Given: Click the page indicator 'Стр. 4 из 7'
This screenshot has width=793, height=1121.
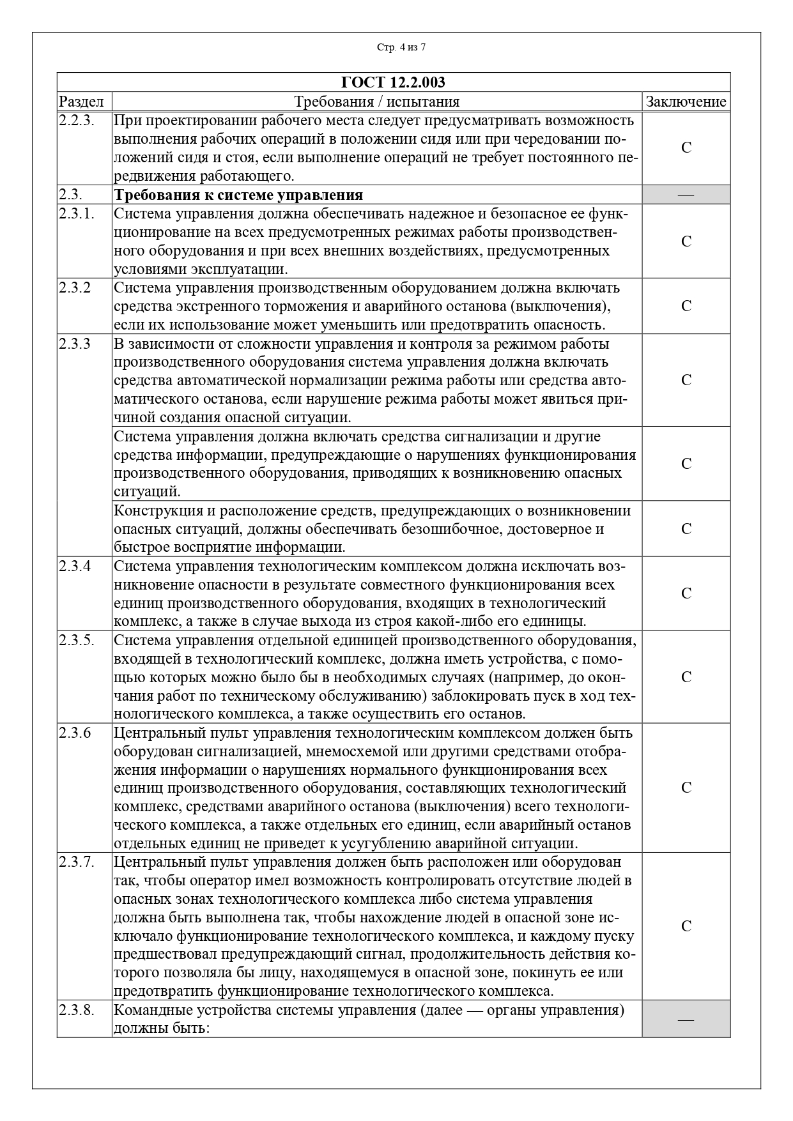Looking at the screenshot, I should tap(401, 47).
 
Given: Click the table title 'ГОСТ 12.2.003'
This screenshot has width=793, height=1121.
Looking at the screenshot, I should tap(394, 82).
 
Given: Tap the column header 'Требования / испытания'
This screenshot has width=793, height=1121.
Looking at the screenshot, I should tap(377, 102).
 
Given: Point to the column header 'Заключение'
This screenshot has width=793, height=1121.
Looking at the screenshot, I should tap(686, 102).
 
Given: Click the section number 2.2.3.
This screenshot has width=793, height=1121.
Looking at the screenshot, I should tap(77, 121).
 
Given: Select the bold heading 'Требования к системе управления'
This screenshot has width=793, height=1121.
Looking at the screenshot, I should tap(238, 195).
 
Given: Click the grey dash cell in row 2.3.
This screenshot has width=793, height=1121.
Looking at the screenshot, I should tap(686, 195).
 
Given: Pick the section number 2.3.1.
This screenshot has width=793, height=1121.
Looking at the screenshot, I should tap(77, 213).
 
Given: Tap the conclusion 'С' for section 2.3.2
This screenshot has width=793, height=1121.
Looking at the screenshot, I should tap(686, 306).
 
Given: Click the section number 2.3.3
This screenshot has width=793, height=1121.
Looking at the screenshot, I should tap(75, 344).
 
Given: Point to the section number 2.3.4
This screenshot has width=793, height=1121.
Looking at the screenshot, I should tap(75, 566).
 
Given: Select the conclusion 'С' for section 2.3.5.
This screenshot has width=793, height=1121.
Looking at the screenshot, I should tap(686, 677).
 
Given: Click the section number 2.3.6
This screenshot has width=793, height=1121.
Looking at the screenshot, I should tap(75, 733).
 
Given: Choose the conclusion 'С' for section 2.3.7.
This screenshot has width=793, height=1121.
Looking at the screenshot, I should tap(686, 926).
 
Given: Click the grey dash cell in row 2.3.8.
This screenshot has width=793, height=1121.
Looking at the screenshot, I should tap(686, 1019).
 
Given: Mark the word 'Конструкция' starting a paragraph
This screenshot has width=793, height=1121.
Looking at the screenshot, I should tap(153, 510).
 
